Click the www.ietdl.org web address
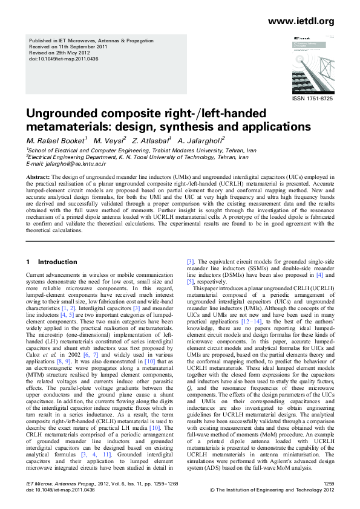point(300,22)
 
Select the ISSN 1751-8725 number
point(313,98)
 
